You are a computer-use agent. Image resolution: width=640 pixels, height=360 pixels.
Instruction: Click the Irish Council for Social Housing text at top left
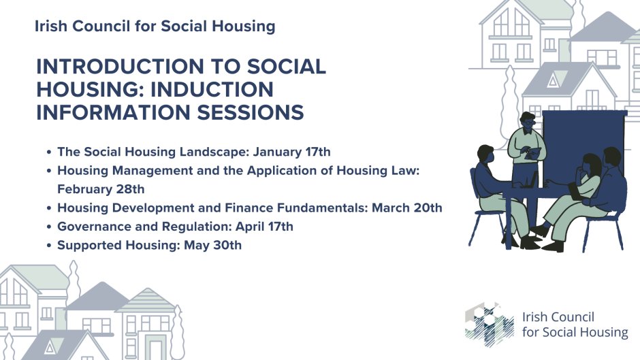pyautogui.click(x=155, y=27)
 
